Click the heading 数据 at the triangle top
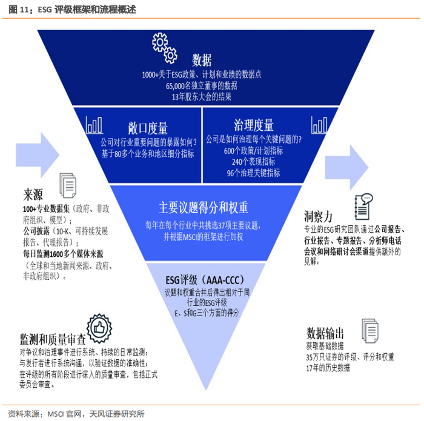pyautogui.click(x=202, y=60)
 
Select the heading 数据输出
pyautogui.click(x=325, y=333)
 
